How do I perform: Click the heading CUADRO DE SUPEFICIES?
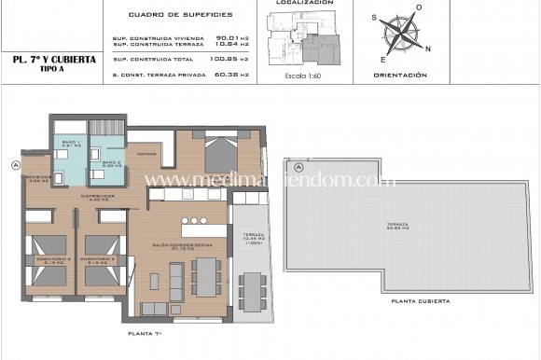point(180,14)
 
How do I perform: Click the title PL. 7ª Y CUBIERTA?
point(53,59)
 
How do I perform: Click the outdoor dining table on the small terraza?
point(252,292)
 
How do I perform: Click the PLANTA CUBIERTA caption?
point(422,301)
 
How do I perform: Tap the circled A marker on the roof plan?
point(299,167)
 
